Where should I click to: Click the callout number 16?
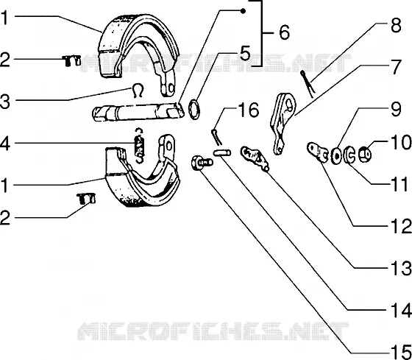coord(249,110)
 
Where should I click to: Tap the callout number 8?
coord(396,26)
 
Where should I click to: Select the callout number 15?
coord(401,352)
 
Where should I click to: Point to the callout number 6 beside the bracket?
coord(284,32)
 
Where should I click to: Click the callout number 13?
coord(401,268)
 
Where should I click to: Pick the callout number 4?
coord(5,144)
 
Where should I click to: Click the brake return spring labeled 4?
coord(139,145)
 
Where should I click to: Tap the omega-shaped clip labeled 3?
coord(138,91)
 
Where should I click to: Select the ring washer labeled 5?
coord(194,109)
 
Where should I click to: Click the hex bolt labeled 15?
coord(202,163)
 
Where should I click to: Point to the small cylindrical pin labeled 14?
coord(222,153)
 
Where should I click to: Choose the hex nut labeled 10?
coord(365,154)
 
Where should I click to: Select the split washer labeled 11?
coord(349,155)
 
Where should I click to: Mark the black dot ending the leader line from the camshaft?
coord(244,11)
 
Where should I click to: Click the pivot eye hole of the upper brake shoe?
coord(171,88)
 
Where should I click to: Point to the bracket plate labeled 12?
coord(317,152)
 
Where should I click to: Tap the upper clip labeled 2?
coord(71,60)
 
